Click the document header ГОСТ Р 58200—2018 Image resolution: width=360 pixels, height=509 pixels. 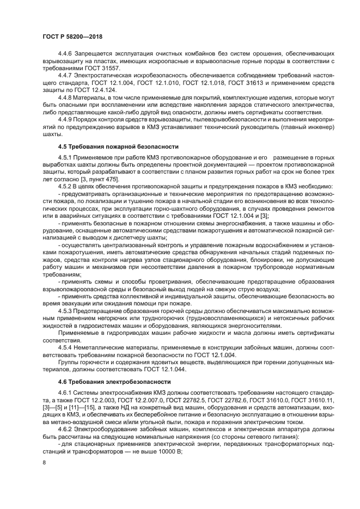tap(72, 36)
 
